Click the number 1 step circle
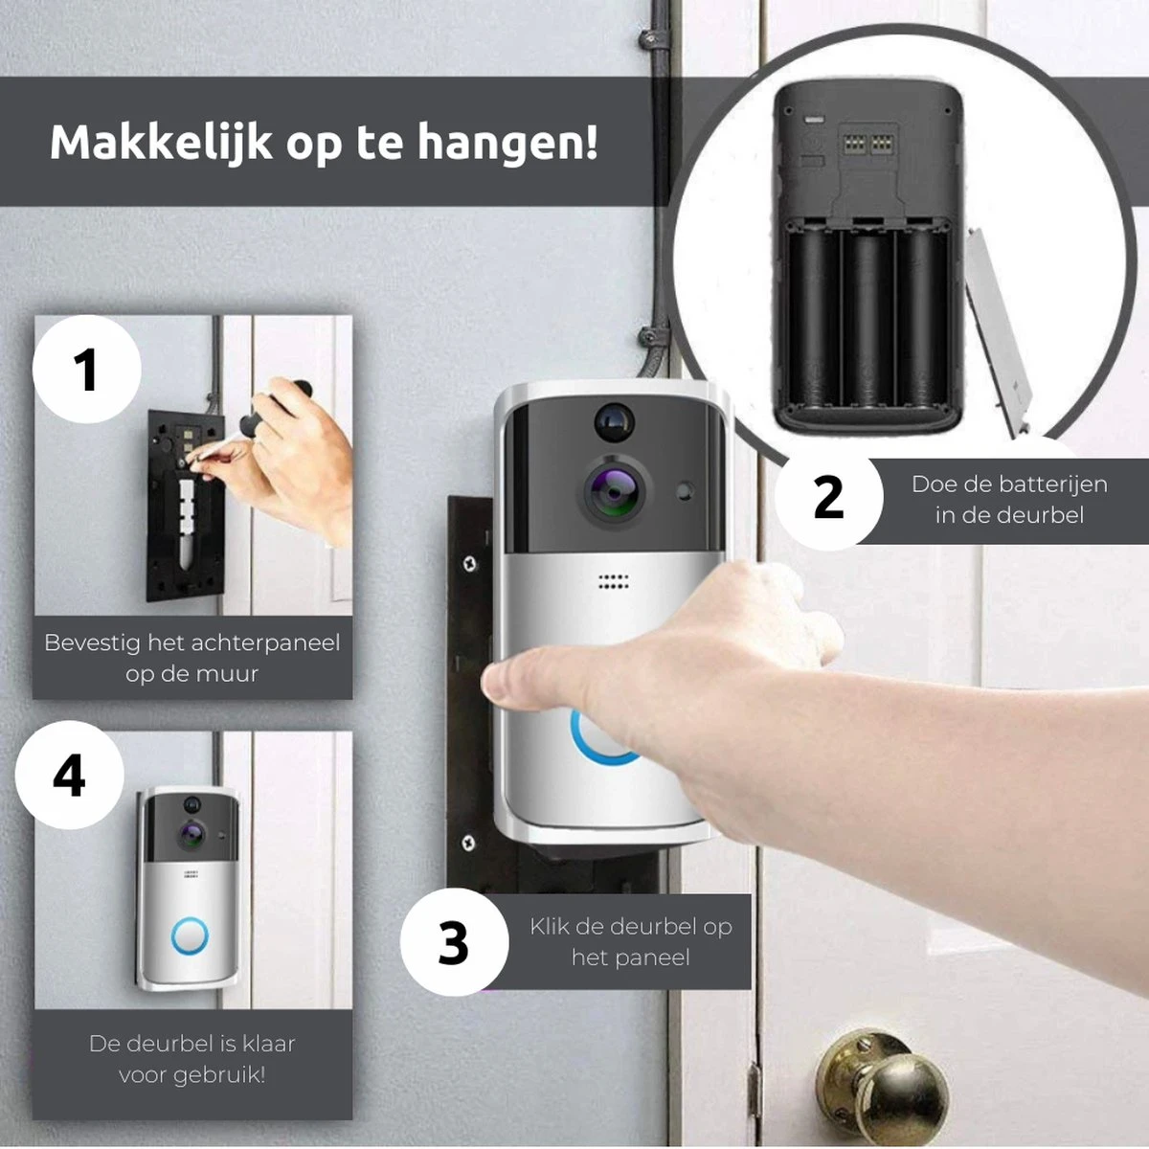87,369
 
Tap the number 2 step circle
828,497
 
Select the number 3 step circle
454,942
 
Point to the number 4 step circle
69,775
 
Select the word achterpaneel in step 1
266,642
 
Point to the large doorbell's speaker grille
614,581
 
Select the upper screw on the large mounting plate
470,562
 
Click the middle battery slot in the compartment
868,319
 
